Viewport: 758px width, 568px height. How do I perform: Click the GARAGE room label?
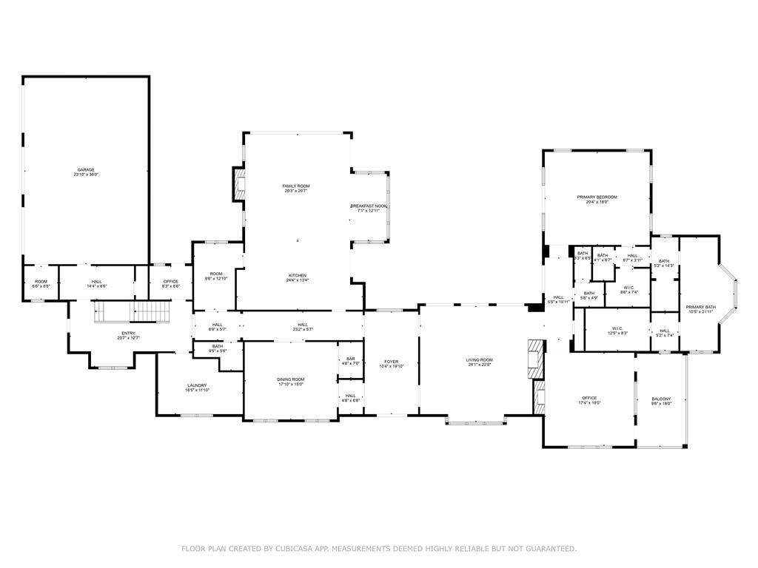click(x=86, y=169)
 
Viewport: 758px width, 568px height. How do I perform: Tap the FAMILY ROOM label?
click(x=295, y=186)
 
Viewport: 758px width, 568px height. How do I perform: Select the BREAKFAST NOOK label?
click(x=368, y=206)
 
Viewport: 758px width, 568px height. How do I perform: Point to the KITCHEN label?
click(x=297, y=275)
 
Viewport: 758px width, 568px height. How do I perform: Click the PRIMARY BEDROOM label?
click(x=597, y=197)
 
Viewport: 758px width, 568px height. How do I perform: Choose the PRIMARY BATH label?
click(x=700, y=307)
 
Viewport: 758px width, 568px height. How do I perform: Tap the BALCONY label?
click(x=661, y=399)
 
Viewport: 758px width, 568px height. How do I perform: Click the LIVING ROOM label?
click(x=479, y=360)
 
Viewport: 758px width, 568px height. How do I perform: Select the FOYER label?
click(x=391, y=362)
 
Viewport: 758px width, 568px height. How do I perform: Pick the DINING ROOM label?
click(x=290, y=379)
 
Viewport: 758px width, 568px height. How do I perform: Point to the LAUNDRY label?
click(x=197, y=385)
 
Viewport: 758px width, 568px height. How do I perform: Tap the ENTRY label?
click(x=129, y=333)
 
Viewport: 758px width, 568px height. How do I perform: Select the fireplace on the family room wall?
click(x=238, y=184)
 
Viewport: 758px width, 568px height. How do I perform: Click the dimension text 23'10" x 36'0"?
click(x=86, y=175)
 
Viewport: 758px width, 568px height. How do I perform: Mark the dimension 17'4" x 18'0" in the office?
click(x=589, y=403)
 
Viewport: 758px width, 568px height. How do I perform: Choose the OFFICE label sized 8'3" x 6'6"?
click(x=170, y=281)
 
